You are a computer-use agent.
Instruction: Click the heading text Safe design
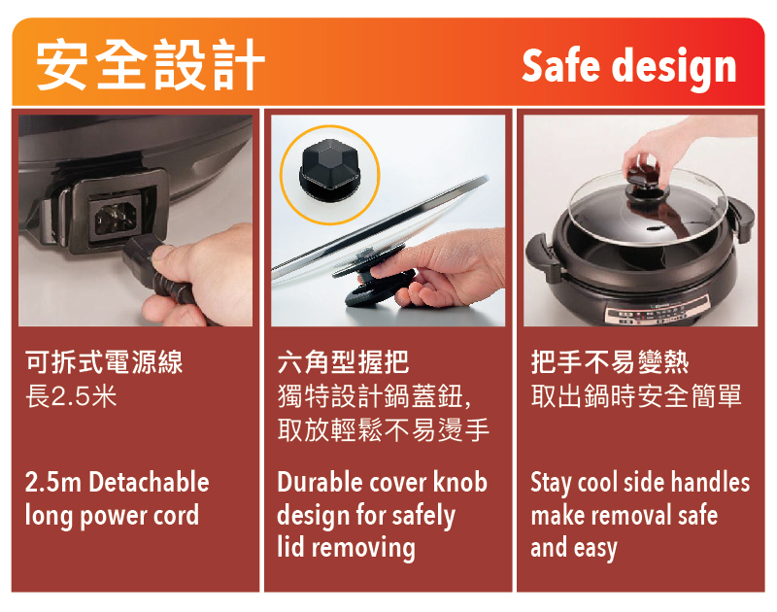[628, 67]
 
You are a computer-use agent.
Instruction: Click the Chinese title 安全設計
[151, 65]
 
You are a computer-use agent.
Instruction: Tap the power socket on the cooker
[116, 218]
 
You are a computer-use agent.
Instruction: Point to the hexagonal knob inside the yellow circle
[330, 170]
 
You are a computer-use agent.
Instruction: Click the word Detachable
[150, 482]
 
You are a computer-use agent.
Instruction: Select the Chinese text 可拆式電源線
[104, 361]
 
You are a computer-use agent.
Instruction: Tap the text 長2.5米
[71, 396]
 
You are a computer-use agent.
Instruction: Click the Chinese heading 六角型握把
[343, 361]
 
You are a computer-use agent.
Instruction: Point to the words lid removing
[346, 548]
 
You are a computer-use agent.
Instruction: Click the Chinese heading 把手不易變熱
[610, 361]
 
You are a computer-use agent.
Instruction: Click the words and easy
[574, 549]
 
